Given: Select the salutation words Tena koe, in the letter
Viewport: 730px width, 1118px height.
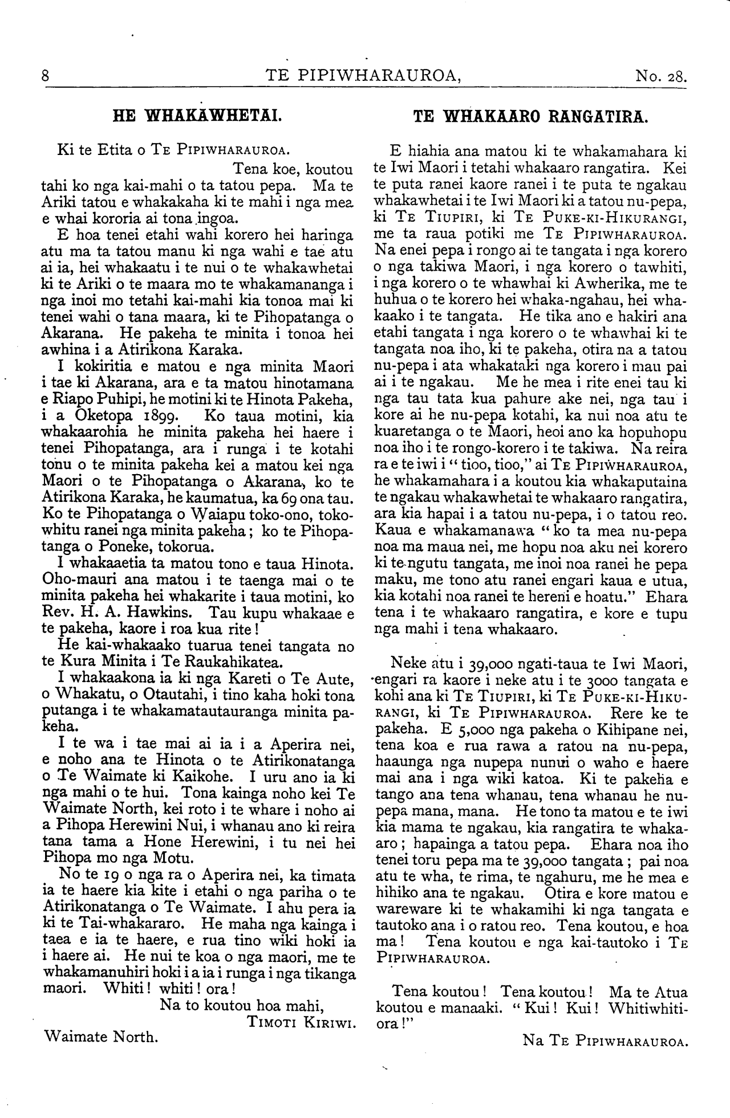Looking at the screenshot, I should click(x=266, y=169).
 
